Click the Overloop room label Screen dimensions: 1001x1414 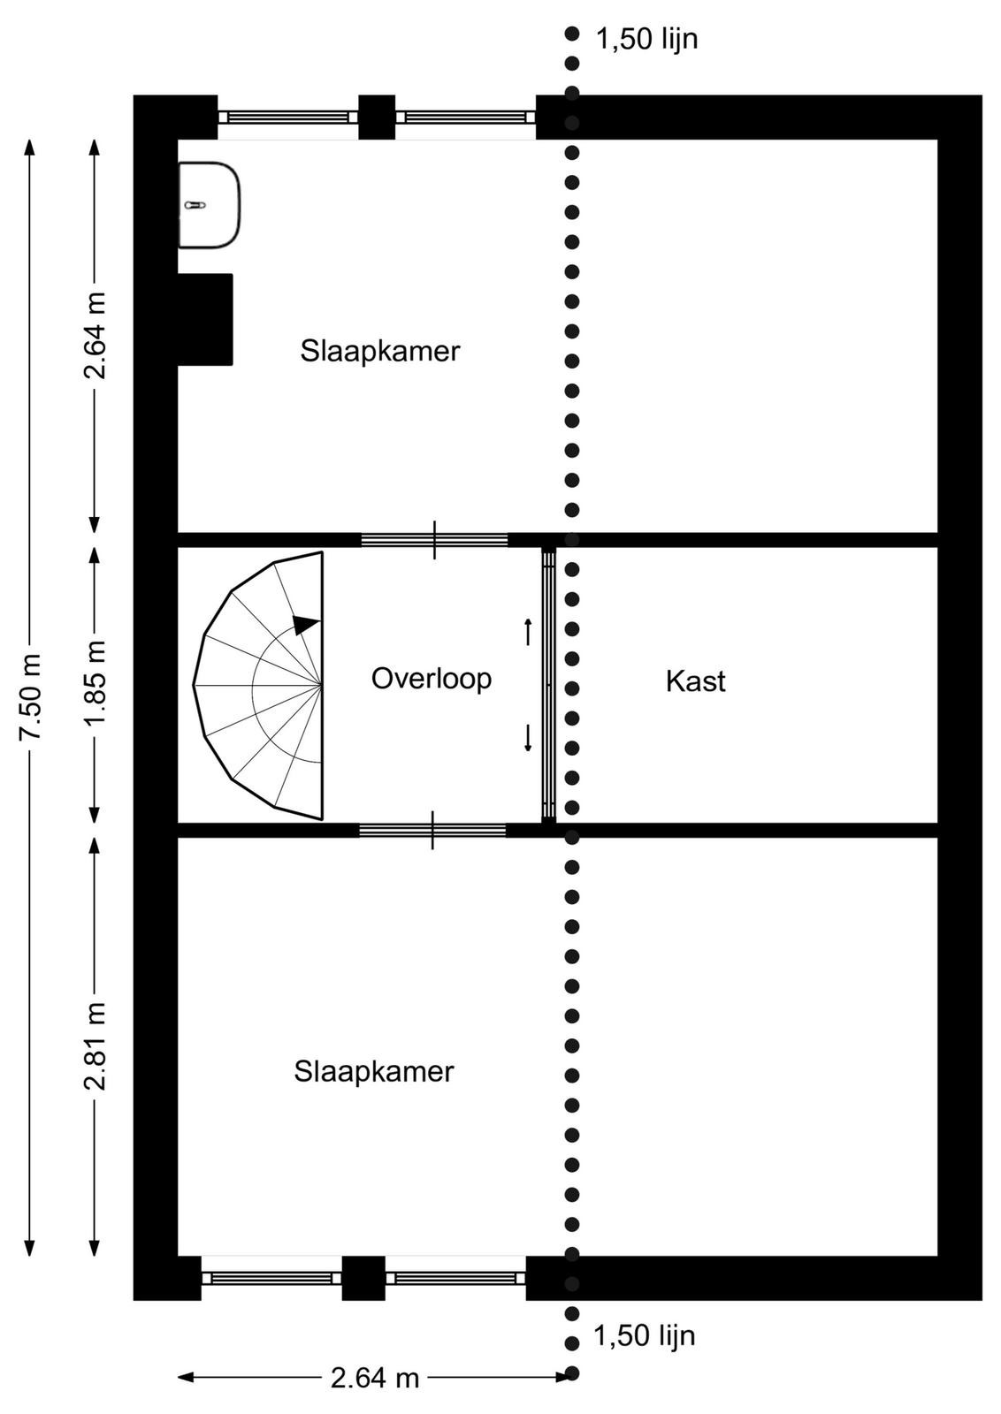[432, 680]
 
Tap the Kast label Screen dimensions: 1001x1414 [695, 681]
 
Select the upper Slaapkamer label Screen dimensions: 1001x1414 [380, 352]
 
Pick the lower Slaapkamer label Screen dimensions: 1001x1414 [374, 1072]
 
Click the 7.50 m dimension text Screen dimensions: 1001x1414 [30, 697]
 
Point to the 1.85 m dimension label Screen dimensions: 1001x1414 [96, 683]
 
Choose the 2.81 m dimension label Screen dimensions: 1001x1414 [96, 1046]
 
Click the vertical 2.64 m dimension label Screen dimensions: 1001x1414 [96, 335]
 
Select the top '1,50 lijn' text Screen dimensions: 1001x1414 [647, 39]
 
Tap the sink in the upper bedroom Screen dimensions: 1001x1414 [210, 205]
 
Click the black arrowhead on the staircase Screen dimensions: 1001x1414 [306, 624]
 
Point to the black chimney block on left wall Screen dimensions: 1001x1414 [205, 319]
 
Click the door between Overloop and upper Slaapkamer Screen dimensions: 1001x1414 [434, 540]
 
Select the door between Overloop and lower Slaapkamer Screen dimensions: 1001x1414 [432, 830]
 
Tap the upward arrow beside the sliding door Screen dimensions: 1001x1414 [528, 632]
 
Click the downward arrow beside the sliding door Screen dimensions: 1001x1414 [528, 739]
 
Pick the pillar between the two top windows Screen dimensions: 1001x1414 [377, 117]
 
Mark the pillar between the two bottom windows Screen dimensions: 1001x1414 [363, 1278]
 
